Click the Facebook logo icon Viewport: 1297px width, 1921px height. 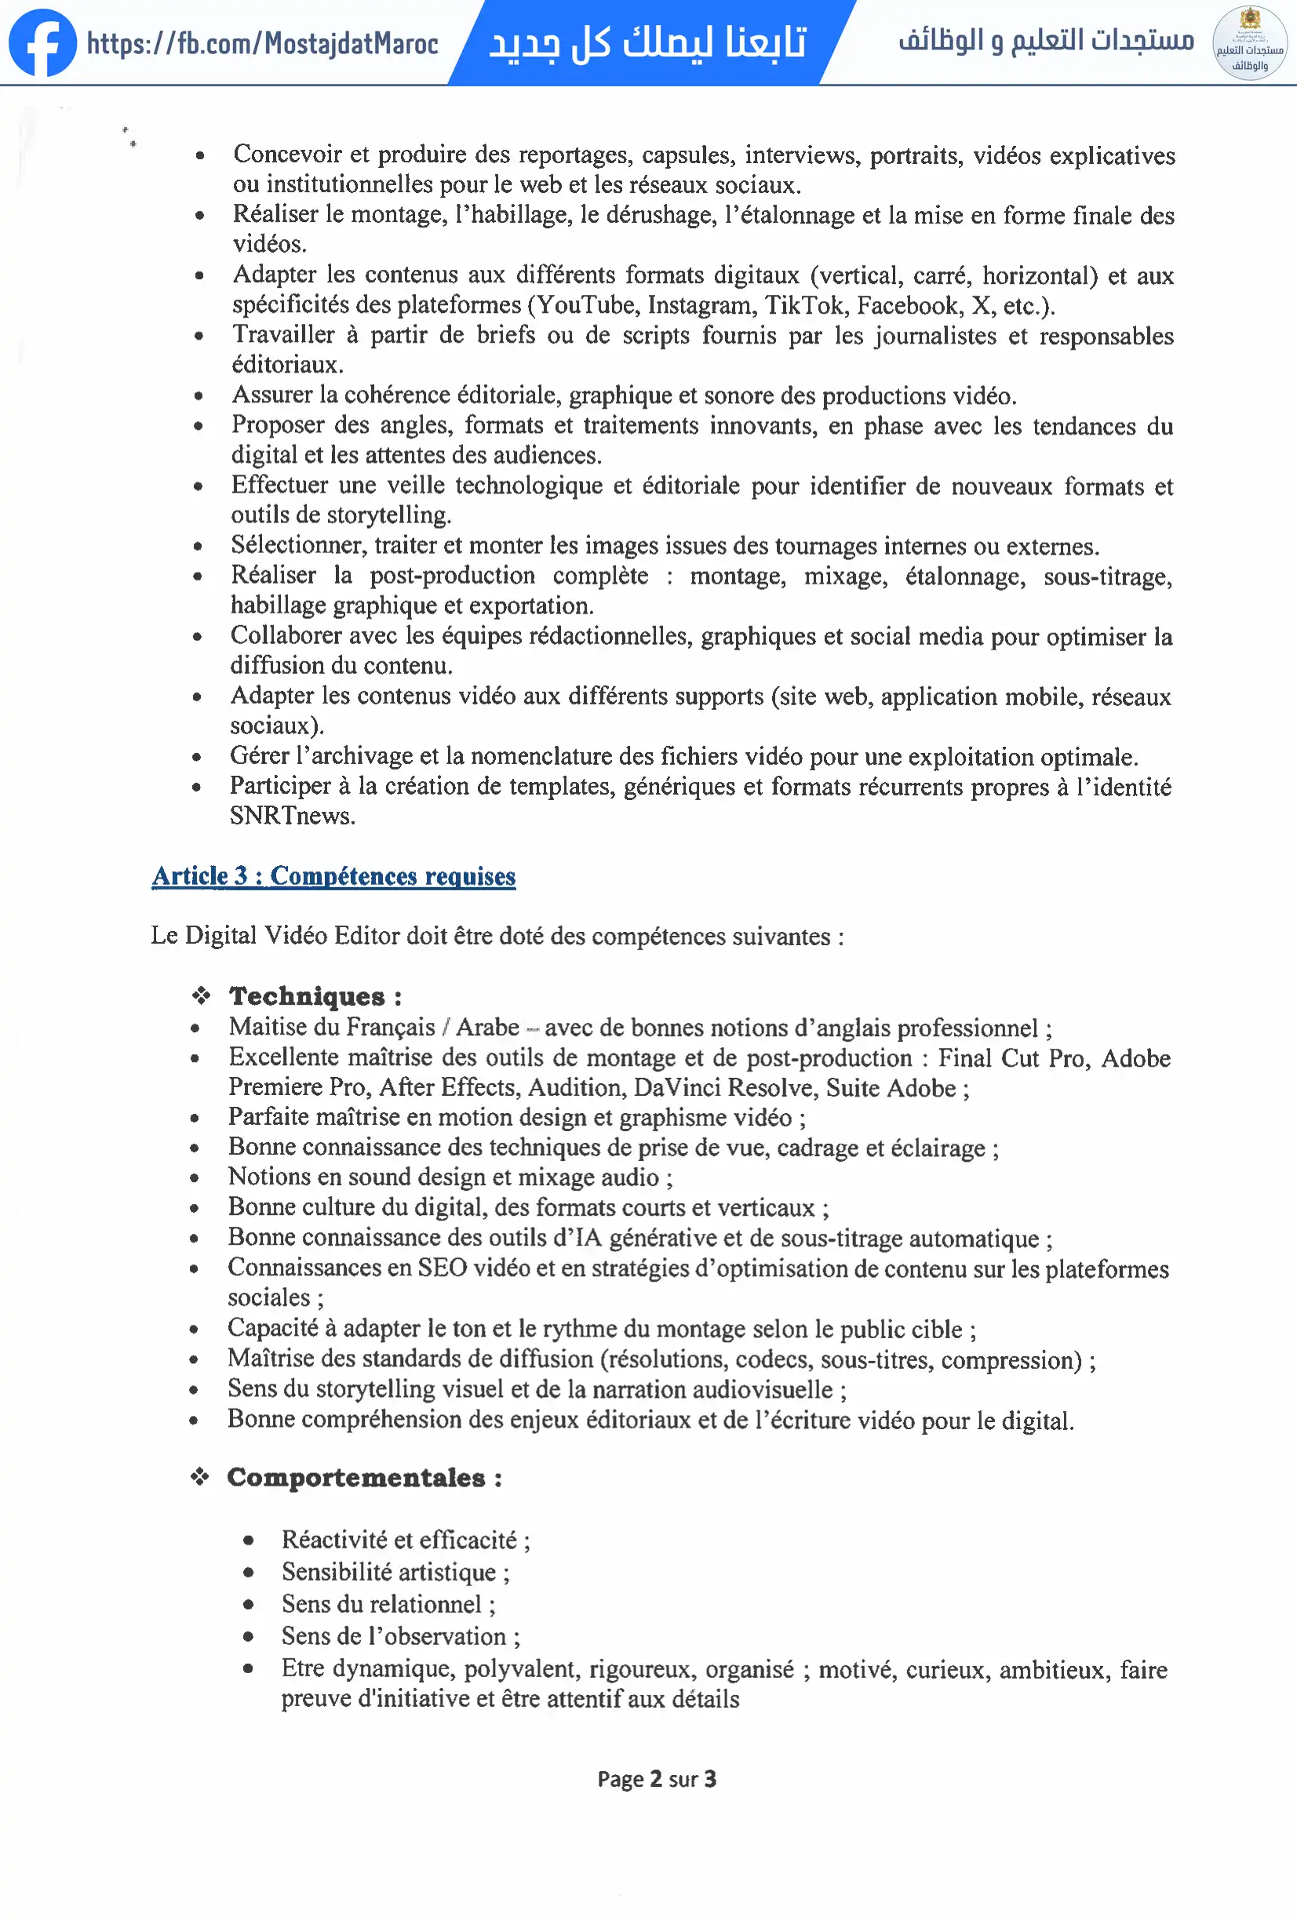pyautogui.click(x=42, y=43)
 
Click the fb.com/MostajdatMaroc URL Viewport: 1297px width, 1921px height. pyautogui.click(x=262, y=44)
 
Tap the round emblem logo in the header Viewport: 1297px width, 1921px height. pyautogui.click(x=1249, y=43)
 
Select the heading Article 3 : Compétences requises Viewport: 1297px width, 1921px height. pyautogui.click(x=333, y=875)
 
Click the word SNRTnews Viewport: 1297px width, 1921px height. pyautogui.click(x=292, y=816)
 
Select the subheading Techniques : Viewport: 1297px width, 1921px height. pyautogui.click(x=315, y=996)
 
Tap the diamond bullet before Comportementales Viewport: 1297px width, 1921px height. pyautogui.click(x=200, y=1476)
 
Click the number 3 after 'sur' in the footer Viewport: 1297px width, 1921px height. pyautogui.click(x=709, y=1779)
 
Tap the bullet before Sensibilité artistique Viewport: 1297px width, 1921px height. pyautogui.click(x=248, y=1572)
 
